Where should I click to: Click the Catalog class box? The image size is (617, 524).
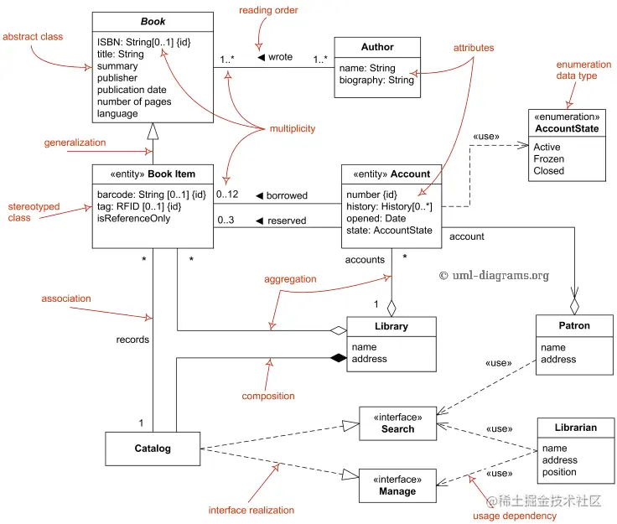pyautogui.click(x=153, y=449)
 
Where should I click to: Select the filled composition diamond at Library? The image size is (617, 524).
pyautogui.click(x=339, y=358)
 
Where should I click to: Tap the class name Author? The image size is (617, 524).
pyautogui.click(x=377, y=47)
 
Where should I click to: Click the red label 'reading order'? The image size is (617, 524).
pyautogui.click(x=268, y=10)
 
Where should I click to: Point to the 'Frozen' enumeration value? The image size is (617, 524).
pyautogui.click(x=549, y=159)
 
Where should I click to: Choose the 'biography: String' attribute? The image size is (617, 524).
pyautogui.click(x=376, y=80)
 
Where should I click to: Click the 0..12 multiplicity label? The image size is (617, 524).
pyautogui.click(x=227, y=195)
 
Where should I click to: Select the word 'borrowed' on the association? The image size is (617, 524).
pyautogui.click(x=287, y=195)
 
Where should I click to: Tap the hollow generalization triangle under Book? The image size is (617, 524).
pyautogui.click(x=153, y=132)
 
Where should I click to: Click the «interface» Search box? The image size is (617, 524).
pyautogui.click(x=398, y=423)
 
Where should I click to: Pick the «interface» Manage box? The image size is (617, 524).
pyautogui.click(x=397, y=485)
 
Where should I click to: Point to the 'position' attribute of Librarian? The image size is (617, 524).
pyautogui.click(x=559, y=472)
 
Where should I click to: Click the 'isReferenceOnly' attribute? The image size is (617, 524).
pyautogui.click(x=134, y=218)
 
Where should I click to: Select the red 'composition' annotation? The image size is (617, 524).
pyautogui.click(x=268, y=397)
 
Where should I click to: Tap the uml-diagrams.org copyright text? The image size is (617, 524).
pyautogui.click(x=494, y=275)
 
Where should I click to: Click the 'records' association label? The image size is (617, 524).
pyautogui.click(x=132, y=340)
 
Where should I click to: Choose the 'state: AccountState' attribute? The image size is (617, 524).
pyautogui.click(x=389, y=231)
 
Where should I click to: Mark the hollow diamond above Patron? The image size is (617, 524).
pyautogui.click(x=574, y=306)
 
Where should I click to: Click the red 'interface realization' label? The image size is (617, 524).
pyautogui.click(x=251, y=511)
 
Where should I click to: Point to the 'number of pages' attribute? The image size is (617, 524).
pyautogui.click(x=134, y=102)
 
